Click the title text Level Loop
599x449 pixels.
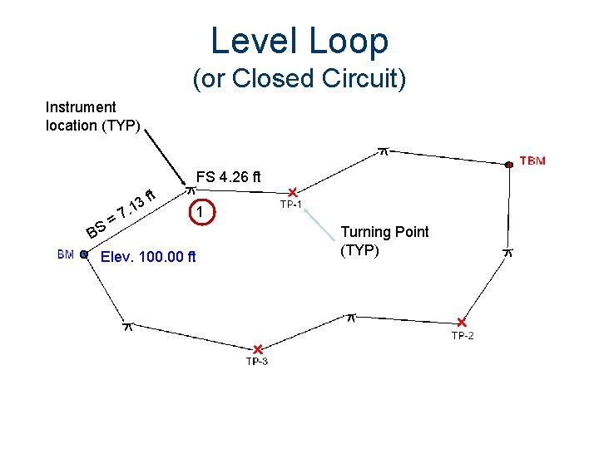[x=299, y=40]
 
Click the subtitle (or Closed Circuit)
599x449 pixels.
[x=299, y=79]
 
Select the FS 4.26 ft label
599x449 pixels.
[x=228, y=177]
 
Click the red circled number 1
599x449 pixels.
[x=200, y=213]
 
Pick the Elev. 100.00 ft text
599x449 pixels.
[x=148, y=256]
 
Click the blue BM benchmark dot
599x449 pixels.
[x=84, y=255]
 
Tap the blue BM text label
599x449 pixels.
[x=66, y=254]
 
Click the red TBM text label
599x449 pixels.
[x=532, y=160]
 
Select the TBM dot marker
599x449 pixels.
[x=508, y=165]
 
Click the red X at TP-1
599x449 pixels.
[x=293, y=192]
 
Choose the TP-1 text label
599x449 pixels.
[x=290, y=205]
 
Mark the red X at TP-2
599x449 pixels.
[x=462, y=323]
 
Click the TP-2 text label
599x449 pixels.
[x=463, y=335]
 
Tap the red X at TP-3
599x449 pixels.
[x=258, y=349]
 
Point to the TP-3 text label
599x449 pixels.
[x=257, y=361]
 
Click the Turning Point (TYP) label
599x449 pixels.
[x=384, y=241]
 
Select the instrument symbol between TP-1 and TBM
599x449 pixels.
[x=384, y=150]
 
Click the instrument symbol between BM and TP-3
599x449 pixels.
[x=128, y=326]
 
